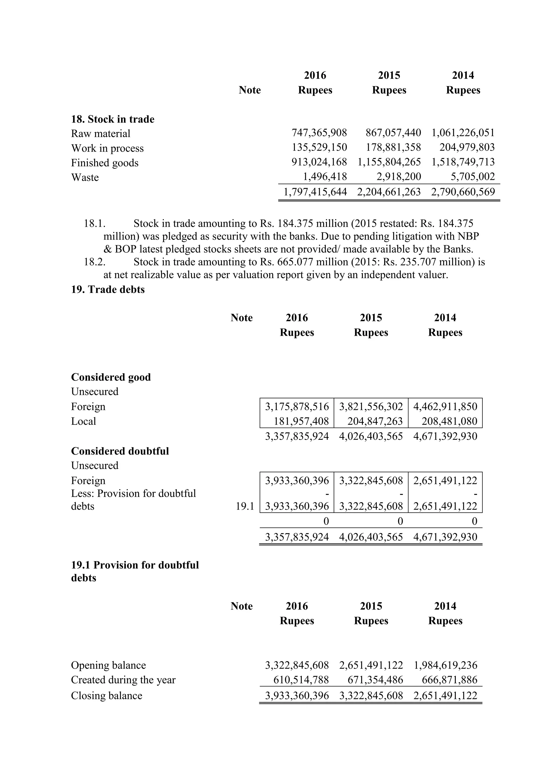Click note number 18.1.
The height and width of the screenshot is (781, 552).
coord(95,224)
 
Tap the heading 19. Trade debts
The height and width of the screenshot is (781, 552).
coord(108,289)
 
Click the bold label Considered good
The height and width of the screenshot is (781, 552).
coord(111,377)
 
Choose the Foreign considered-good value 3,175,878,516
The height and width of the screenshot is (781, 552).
coord(297,406)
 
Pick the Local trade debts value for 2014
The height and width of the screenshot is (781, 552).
coord(449,421)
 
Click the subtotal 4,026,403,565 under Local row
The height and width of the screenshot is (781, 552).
coord(371,436)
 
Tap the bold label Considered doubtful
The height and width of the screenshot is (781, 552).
coord(120,451)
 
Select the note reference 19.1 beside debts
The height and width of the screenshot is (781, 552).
coord(245,506)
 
